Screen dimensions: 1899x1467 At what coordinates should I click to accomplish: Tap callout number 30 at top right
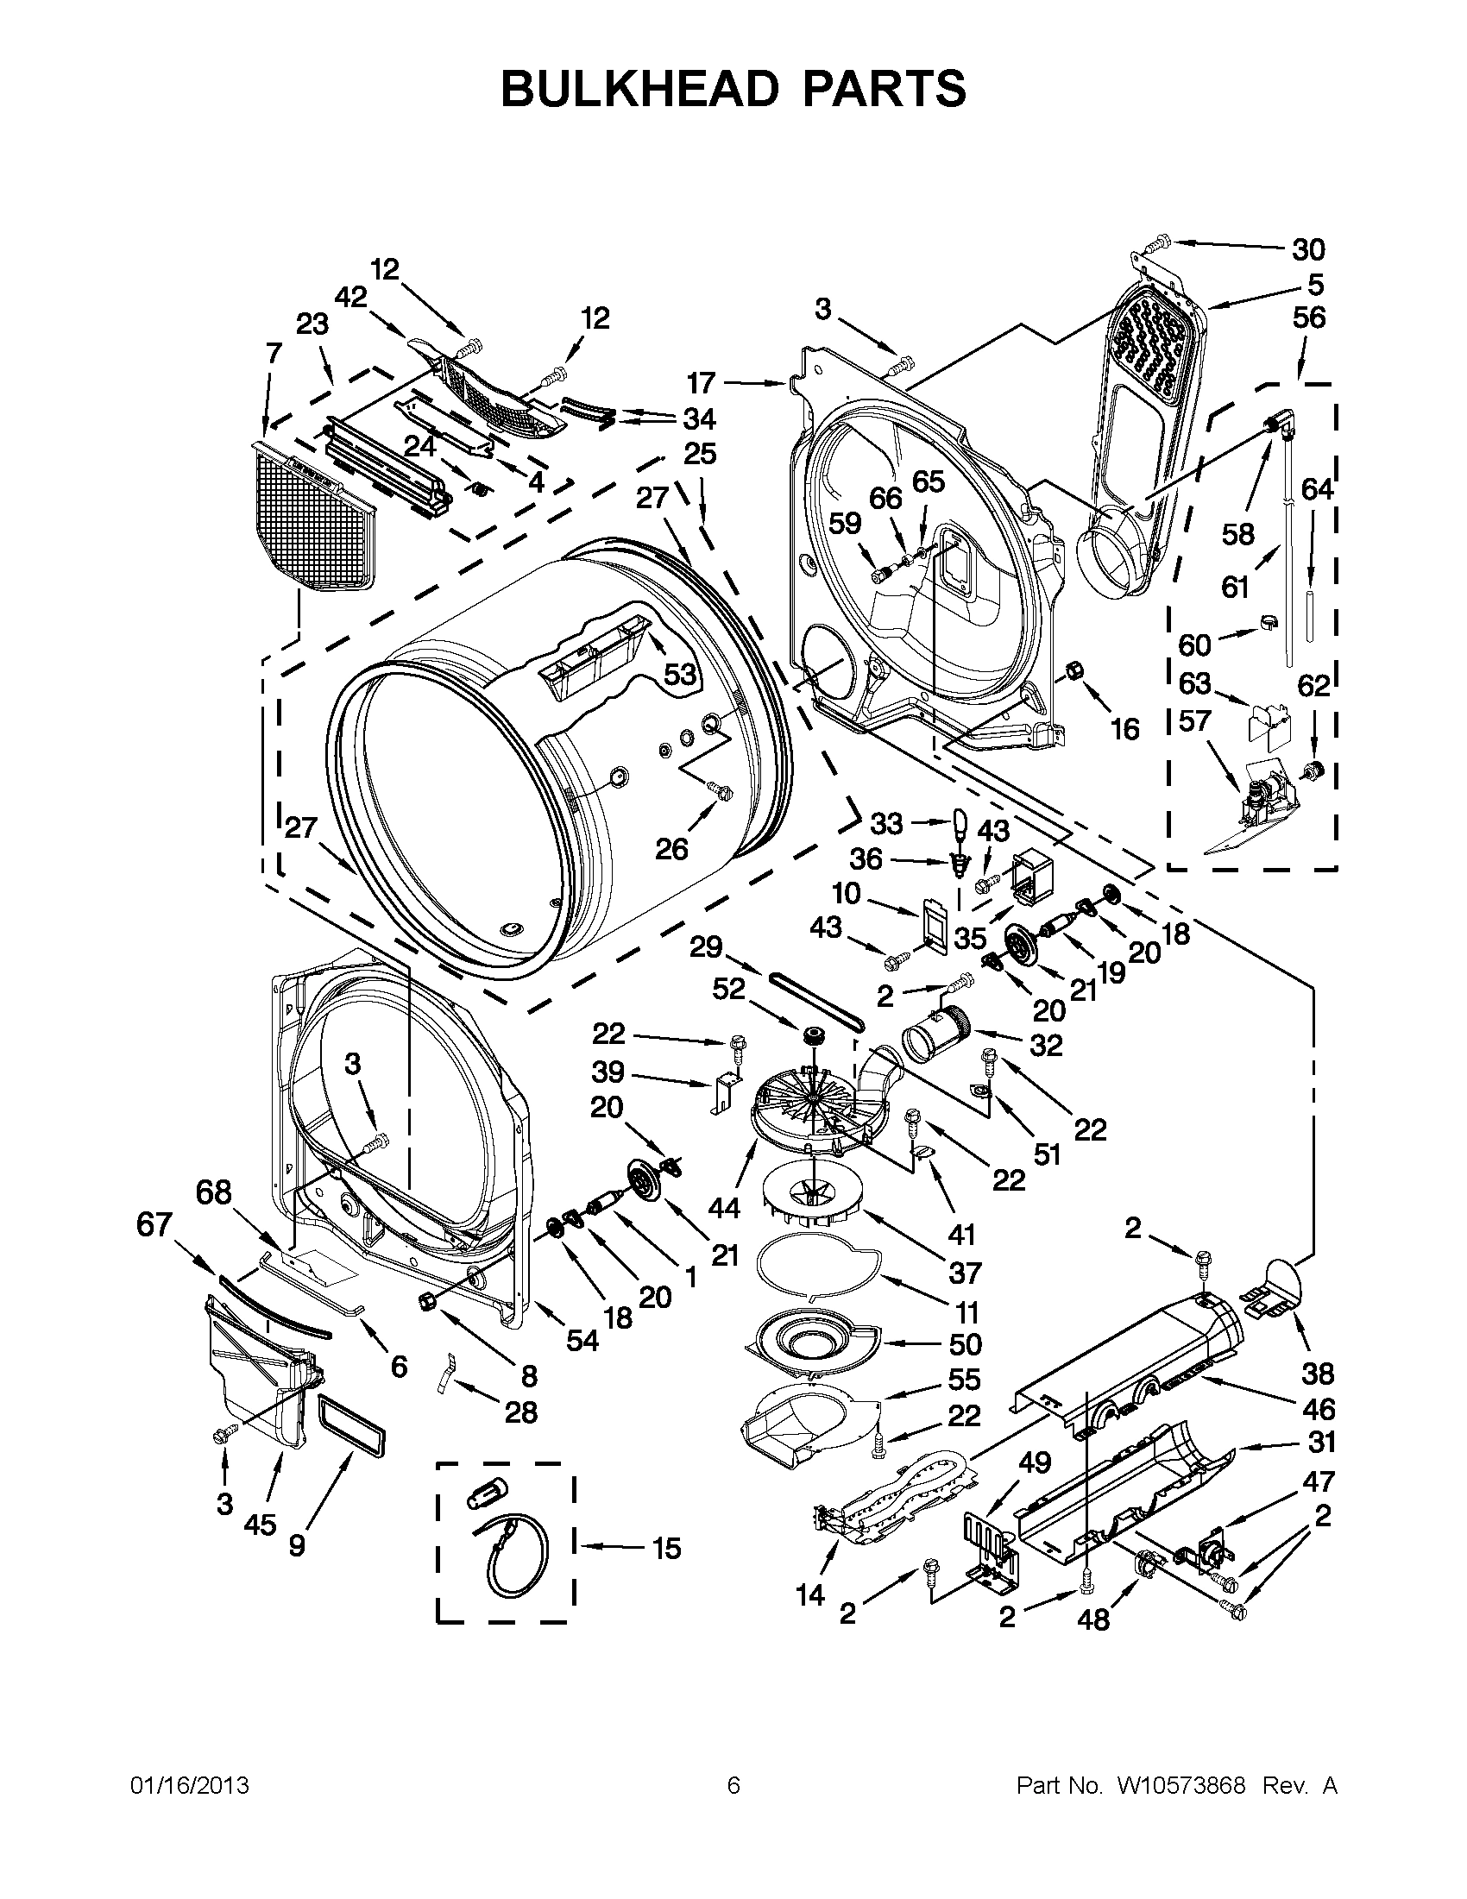point(1307,249)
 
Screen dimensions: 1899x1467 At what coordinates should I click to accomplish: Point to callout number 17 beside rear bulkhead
point(700,382)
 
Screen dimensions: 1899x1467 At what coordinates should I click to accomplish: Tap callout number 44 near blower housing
point(723,1208)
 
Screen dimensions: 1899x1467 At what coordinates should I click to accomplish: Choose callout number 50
point(966,1344)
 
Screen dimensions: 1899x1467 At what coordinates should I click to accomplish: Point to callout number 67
point(154,1225)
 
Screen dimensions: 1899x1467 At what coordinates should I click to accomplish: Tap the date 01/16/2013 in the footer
point(190,1785)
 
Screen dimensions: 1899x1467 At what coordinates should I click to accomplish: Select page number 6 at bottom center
point(733,1785)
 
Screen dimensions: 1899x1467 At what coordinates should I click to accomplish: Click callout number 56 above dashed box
point(1309,318)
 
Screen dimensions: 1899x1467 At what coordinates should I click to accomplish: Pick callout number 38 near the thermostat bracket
point(1318,1374)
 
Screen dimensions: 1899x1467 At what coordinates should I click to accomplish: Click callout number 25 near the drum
point(700,454)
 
